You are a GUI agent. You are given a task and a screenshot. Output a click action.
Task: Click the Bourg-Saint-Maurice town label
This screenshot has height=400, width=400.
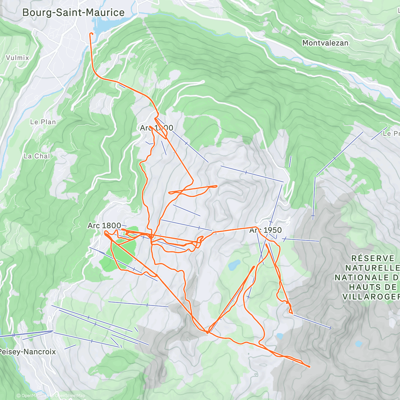(x=73, y=13)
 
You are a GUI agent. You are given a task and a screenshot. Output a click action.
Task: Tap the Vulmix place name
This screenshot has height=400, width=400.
(x=17, y=58)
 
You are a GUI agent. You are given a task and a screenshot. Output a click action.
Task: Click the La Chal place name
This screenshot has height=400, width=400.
(x=37, y=156)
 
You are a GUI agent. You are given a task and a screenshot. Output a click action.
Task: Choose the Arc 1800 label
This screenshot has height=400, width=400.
(x=104, y=226)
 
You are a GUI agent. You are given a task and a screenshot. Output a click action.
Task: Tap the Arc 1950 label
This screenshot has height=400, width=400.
(x=265, y=230)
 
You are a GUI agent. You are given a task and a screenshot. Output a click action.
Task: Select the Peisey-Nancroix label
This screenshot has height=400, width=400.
(x=27, y=352)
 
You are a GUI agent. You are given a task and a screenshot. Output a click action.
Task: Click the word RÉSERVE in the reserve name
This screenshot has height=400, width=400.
(x=373, y=258)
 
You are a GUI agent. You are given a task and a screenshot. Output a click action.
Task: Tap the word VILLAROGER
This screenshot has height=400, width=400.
(x=371, y=297)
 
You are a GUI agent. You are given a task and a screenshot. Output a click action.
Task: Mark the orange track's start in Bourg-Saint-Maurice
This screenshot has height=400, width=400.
(x=91, y=33)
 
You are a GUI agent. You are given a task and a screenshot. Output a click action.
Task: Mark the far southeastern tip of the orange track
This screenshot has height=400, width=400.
(x=309, y=367)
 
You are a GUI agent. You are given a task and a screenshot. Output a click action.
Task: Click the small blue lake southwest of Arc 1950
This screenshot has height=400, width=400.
(x=234, y=265)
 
